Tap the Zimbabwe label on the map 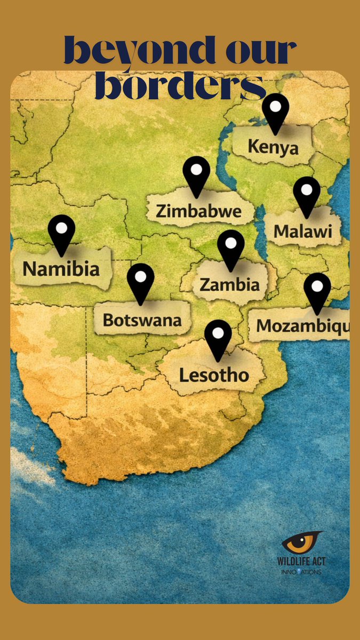click(198, 211)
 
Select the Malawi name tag click(302, 231)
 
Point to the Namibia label click(61, 268)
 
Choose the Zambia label click(229, 284)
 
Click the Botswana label click(142, 320)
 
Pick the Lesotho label click(214, 375)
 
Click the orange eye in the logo click(302, 543)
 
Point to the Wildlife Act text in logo click(302, 562)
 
